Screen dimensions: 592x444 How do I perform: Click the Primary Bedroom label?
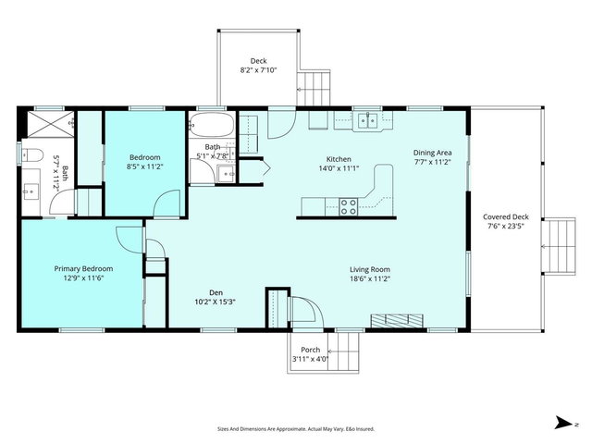(x=83, y=269)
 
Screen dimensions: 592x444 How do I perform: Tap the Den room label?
(x=216, y=292)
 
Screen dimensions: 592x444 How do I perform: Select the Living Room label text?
(x=370, y=269)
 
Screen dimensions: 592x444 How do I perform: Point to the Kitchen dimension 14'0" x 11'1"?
(x=339, y=168)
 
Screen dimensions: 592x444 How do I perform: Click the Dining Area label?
(x=432, y=153)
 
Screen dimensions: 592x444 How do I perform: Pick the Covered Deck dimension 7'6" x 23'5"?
(x=506, y=226)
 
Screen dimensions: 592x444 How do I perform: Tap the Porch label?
(x=311, y=350)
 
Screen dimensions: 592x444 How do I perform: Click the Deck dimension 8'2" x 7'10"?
(x=259, y=70)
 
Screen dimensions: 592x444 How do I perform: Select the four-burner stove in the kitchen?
(x=348, y=206)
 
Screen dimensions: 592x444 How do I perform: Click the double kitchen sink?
(x=367, y=120)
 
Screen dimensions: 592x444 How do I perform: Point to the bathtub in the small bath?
(x=212, y=125)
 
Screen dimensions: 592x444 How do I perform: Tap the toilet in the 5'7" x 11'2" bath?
(x=31, y=155)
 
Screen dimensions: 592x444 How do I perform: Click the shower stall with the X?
(x=50, y=124)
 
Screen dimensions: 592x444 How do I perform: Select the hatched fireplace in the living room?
(x=397, y=321)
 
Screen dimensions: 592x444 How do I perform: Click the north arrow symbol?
(x=563, y=423)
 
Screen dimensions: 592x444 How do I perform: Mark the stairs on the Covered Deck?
(x=559, y=247)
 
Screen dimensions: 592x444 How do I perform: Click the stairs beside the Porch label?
(x=343, y=351)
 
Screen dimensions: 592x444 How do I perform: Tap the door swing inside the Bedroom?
(x=167, y=203)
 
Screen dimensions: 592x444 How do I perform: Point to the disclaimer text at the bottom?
(x=296, y=429)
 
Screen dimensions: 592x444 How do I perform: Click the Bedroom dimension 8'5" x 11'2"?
(x=145, y=166)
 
